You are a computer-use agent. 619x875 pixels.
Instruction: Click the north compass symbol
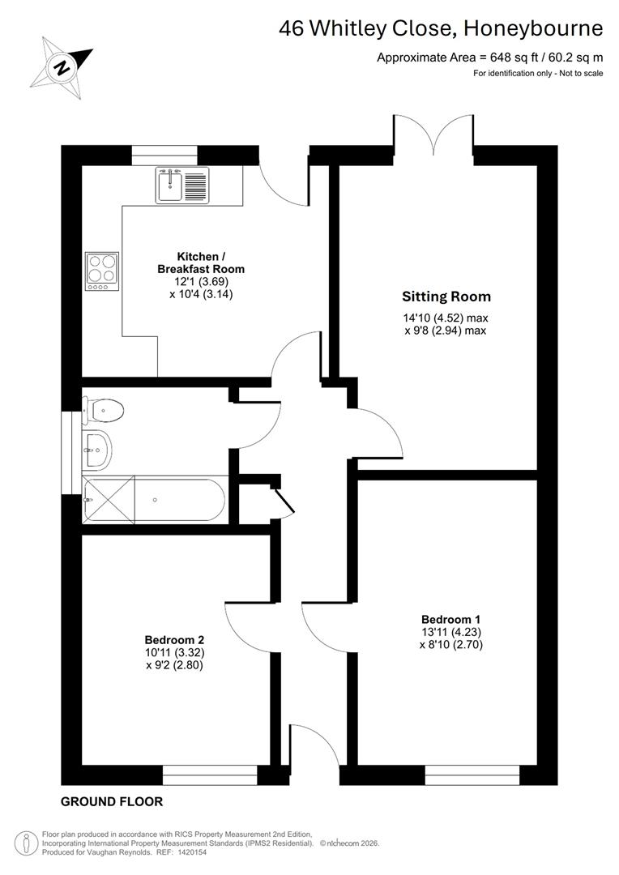[61, 66]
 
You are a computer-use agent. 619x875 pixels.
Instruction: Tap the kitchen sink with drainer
[181, 184]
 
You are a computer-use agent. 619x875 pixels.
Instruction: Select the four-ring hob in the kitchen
[101, 271]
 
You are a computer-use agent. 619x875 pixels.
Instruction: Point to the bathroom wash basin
[96, 448]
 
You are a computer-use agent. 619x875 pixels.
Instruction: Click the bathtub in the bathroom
[154, 500]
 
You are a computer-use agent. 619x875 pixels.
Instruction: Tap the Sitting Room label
[446, 297]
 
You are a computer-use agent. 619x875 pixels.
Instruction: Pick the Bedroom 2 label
[173, 638]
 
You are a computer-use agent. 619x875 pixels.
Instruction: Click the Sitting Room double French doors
[434, 134]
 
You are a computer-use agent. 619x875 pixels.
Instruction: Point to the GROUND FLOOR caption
[112, 802]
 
